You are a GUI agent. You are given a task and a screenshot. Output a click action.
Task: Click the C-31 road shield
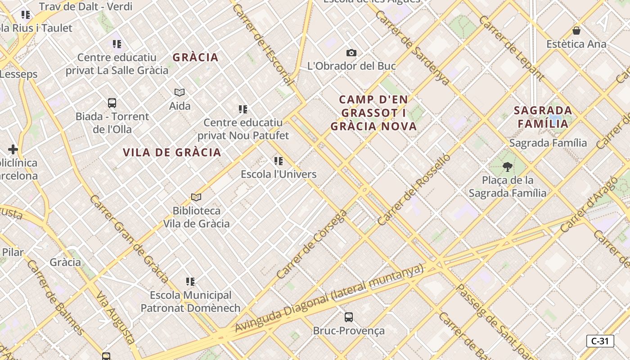pyautogui.click(x=600, y=341)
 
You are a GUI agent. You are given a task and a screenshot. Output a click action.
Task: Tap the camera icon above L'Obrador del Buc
pyautogui.click(x=351, y=53)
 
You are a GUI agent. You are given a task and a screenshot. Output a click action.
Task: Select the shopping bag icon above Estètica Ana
pyautogui.click(x=576, y=31)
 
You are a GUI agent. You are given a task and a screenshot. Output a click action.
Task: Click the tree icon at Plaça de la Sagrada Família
pyautogui.click(x=508, y=167)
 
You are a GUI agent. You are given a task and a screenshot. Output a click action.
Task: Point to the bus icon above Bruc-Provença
pyautogui.click(x=349, y=317)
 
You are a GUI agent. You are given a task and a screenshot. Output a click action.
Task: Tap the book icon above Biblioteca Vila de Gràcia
pyautogui.click(x=196, y=197)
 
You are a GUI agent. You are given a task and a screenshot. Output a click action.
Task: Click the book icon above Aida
pyautogui.click(x=180, y=92)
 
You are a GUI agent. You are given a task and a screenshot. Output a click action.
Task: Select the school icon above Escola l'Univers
pyautogui.click(x=279, y=161)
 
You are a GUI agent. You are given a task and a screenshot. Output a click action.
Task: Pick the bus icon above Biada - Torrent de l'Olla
pyautogui.click(x=112, y=103)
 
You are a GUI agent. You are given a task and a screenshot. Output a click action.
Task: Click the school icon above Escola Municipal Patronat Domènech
pyautogui.click(x=190, y=282)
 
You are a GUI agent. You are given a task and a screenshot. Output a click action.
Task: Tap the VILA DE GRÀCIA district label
pyautogui.click(x=172, y=153)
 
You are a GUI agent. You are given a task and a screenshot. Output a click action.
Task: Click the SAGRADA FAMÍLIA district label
pyautogui.click(x=543, y=117)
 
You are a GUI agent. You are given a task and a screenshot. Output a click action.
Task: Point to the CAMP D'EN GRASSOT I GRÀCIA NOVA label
pyautogui.click(x=373, y=113)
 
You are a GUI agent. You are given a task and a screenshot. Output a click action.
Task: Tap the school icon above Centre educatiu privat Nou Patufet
pyautogui.click(x=243, y=109)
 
